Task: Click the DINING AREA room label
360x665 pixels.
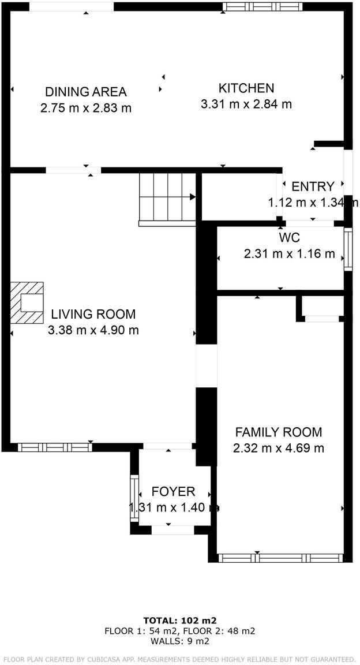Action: [x=86, y=92]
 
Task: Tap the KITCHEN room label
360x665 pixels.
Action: [x=246, y=88]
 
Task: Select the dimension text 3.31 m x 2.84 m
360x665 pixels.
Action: [x=246, y=104]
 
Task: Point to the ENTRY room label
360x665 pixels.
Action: [x=313, y=186]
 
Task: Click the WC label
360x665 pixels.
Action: [x=289, y=238]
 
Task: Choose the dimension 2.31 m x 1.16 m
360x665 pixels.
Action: [x=289, y=253]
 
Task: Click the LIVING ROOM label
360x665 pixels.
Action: [x=93, y=315]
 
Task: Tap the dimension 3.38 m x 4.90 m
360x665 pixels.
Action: [x=93, y=330]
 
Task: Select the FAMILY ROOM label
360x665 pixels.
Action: [x=278, y=432]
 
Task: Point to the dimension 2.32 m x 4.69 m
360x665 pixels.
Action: [x=278, y=448]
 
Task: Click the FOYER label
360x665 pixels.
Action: [x=173, y=492]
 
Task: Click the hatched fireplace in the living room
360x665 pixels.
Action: [x=27, y=303]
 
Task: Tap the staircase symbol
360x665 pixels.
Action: [x=168, y=197]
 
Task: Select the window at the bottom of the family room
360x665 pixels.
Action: [x=282, y=558]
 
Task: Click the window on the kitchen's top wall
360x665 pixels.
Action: [x=262, y=7]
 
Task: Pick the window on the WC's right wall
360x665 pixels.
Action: [x=348, y=249]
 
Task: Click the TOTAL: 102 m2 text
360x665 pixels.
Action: [x=179, y=621]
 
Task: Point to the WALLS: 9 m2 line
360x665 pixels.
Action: [x=179, y=641]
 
